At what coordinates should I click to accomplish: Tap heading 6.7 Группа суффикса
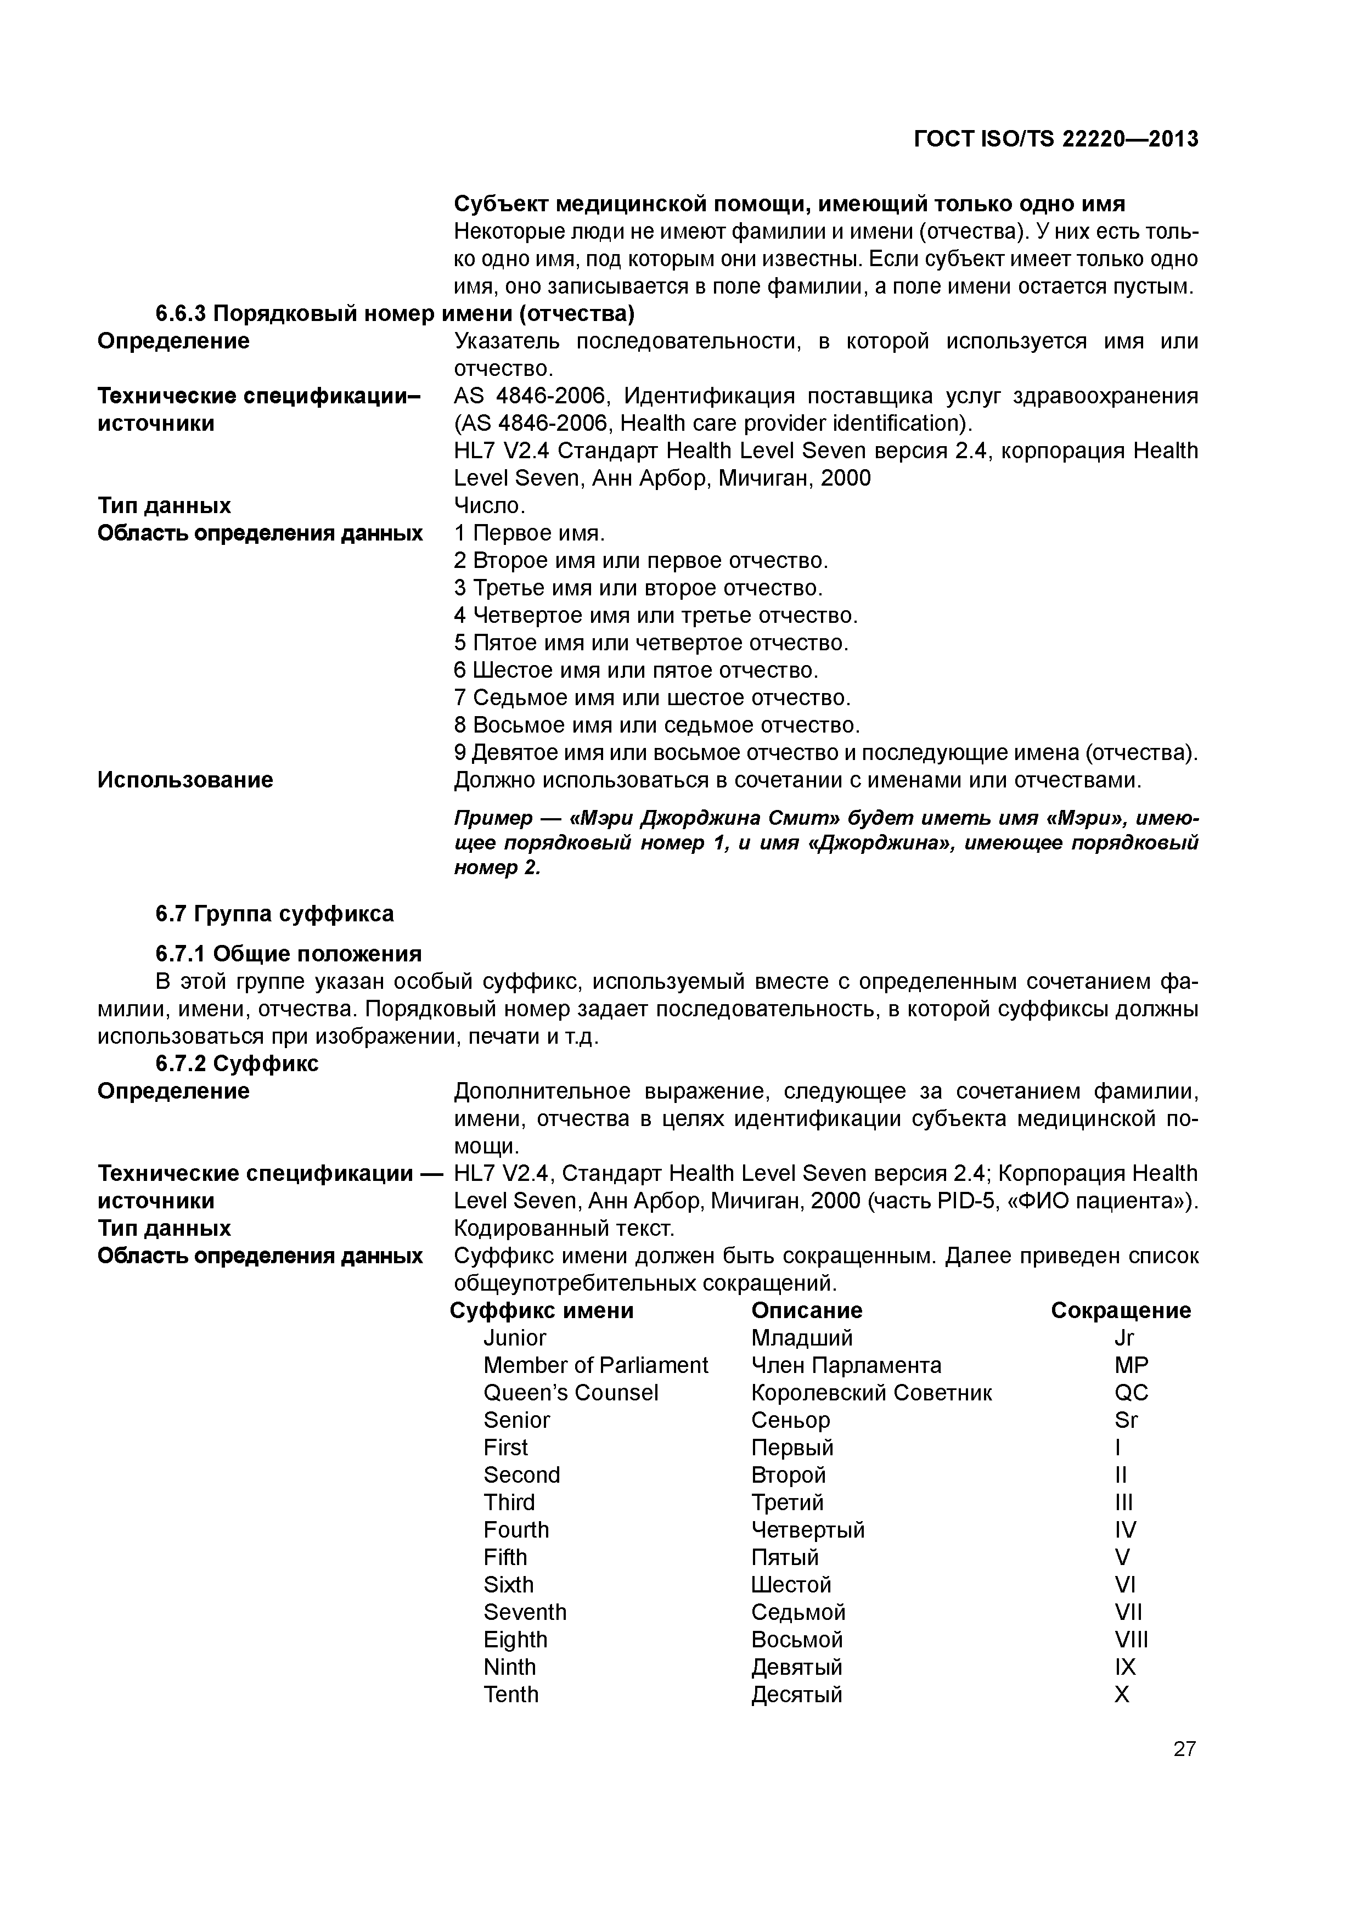(x=274, y=913)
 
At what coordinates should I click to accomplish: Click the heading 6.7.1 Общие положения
(x=288, y=953)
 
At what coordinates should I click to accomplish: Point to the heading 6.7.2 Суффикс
(x=237, y=1063)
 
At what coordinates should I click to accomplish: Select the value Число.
(x=490, y=505)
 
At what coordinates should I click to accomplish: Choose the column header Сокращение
(x=1120, y=1310)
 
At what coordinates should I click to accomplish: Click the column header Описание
(x=806, y=1310)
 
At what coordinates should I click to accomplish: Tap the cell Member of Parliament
(x=595, y=1365)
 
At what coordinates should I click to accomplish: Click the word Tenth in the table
(x=511, y=1693)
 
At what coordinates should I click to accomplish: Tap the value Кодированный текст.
(x=564, y=1228)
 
